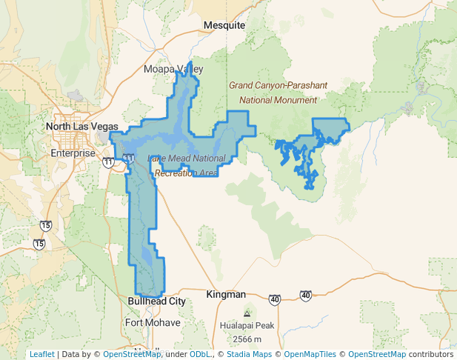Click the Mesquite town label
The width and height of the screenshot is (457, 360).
point(224,25)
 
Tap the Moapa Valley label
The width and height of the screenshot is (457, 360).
point(173,69)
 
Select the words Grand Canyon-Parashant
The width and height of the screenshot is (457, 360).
point(278,85)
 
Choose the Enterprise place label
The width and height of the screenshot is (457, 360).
point(73,153)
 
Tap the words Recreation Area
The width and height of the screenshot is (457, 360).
point(186,173)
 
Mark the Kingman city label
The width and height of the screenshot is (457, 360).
point(225,294)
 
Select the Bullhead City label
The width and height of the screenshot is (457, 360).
point(157,301)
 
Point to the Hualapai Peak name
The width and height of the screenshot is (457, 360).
point(247,326)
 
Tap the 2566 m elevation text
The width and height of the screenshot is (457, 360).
point(247,339)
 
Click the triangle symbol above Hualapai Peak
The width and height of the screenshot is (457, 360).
point(247,314)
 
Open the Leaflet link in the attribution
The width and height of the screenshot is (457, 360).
point(41,354)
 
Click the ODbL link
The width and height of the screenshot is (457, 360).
point(200,354)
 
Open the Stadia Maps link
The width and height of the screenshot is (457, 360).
point(247,354)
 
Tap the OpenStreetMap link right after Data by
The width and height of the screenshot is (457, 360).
point(132,354)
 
